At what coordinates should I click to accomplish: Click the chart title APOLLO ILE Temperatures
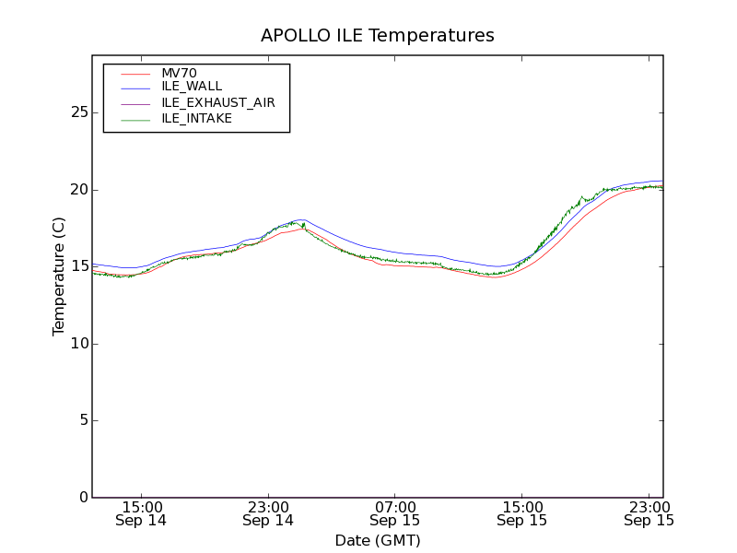378,36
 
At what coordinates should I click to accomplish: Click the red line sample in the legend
135,74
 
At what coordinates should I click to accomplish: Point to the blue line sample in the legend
135,87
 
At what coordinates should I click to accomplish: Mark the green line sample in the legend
135,118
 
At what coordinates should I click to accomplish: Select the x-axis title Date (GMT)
378,540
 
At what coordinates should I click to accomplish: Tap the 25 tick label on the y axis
79,112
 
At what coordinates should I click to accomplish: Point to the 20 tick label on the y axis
79,190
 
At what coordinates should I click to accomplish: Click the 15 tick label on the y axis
79,266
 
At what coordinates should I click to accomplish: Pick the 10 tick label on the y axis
79,344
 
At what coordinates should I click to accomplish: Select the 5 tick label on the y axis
83,420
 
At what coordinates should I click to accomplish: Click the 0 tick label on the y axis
83,498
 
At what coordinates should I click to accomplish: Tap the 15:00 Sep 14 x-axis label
141,513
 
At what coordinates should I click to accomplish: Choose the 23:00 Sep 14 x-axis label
268,513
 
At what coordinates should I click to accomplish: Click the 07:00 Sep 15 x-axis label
395,513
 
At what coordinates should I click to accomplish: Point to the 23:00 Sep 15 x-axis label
649,513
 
